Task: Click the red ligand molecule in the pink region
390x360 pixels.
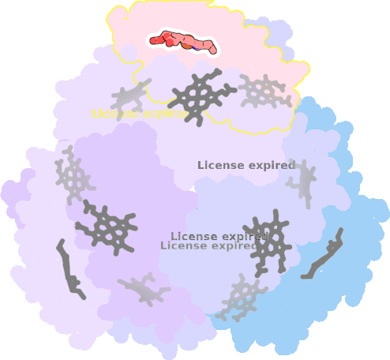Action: [x=183, y=42]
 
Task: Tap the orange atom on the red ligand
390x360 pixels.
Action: [x=187, y=46]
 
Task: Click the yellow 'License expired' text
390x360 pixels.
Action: [x=141, y=114]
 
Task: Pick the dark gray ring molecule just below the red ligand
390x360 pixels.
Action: [x=201, y=96]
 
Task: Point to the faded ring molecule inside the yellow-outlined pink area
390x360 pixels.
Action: [x=264, y=92]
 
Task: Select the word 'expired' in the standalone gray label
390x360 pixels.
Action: [x=272, y=165]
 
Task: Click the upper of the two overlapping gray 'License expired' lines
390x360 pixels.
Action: [x=219, y=236]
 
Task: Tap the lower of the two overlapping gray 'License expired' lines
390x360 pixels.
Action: [x=209, y=246]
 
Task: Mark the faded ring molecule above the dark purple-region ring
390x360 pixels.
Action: [x=73, y=174]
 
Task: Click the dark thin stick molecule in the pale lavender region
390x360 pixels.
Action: [x=70, y=270]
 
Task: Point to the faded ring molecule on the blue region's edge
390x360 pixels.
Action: [x=242, y=298]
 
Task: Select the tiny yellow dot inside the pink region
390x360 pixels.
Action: [x=126, y=18]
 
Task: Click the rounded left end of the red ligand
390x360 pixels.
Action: [x=152, y=41]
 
